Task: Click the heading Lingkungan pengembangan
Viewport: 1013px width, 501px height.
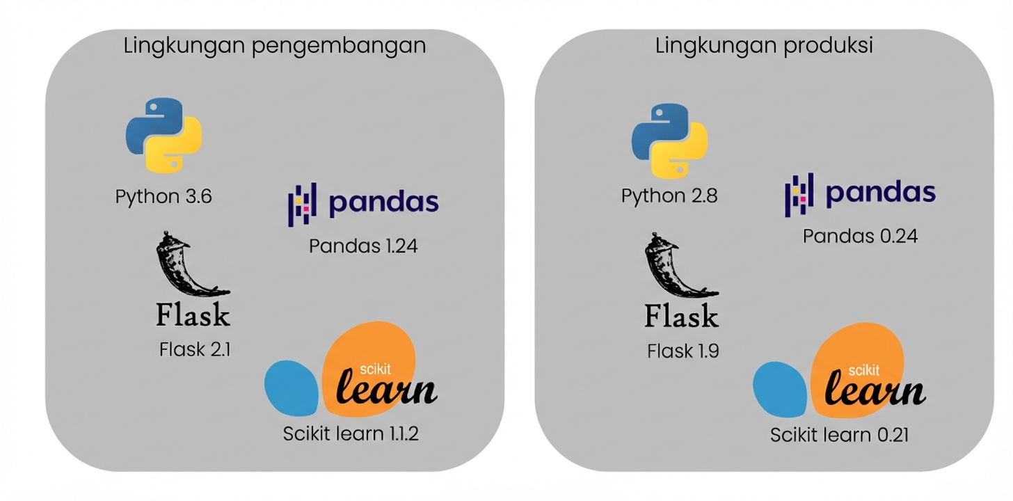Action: tap(275, 47)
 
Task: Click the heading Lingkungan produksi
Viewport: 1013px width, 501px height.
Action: tap(764, 46)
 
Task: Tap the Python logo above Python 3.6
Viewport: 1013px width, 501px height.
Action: tap(164, 135)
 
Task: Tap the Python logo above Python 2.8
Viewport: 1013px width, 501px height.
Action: tap(669, 141)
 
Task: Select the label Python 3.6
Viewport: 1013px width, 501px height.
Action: tap(163, 197)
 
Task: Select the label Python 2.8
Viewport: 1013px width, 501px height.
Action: tap(669, 196)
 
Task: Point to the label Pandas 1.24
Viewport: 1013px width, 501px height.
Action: tap(363, 246)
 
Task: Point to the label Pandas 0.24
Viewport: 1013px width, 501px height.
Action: tap(860, 237)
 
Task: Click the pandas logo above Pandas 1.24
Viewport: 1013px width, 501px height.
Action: tap(363, 204)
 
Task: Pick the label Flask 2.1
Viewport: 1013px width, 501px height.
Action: tap(195, 349)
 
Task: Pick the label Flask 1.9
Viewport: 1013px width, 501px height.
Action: tap(683, 351)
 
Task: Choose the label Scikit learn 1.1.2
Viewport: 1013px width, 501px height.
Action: tap(351, 434)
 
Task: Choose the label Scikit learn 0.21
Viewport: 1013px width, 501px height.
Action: tap(839, 436)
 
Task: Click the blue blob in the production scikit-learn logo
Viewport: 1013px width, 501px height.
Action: tap(781, 389)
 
